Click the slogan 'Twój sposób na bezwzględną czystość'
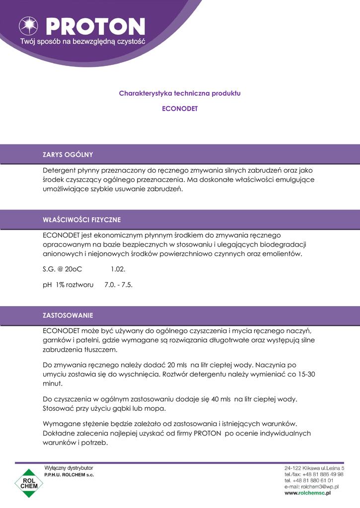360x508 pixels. pos(82,42)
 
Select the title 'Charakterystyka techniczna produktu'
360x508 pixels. pos(180,93)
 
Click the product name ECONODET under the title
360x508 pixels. pos(180,108)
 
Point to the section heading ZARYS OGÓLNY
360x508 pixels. pos(68,154)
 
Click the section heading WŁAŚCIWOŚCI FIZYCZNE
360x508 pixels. pos(82,219)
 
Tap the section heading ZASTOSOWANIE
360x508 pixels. pos(68,316)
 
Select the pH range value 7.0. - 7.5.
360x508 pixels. pos(119,285)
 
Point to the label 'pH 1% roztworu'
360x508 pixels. pos(68,285)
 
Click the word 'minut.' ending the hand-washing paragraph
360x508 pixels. pos(53,383)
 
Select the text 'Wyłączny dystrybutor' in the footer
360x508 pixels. pos(69,468)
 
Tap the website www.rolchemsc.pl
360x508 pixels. pos(307,494)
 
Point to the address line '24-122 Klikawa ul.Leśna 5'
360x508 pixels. pos(314,468)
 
